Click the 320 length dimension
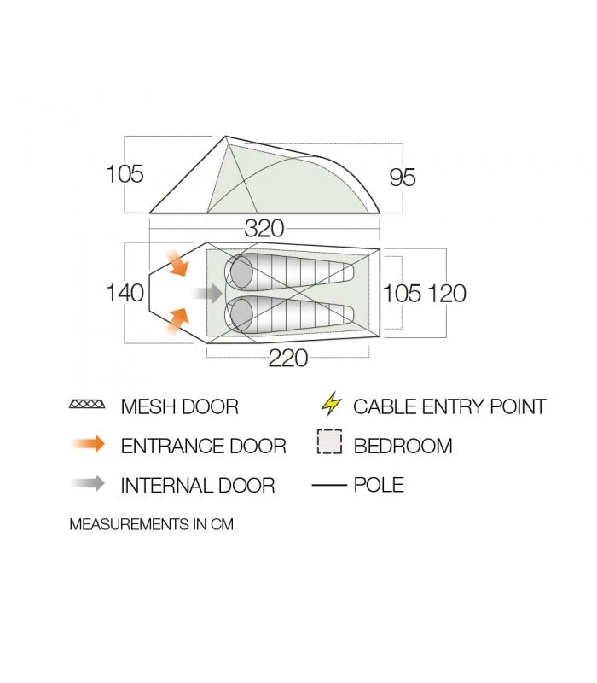(264, 229)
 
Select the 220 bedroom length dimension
(288, 359)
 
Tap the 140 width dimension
(125, 293)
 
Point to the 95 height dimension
(403, 178)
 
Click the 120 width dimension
(447, 293)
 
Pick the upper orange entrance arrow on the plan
(178, 264)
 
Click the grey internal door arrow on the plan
(208, 294)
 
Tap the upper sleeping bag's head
(240, 272)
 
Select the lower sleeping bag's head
(240, 314)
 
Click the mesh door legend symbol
(87, 405)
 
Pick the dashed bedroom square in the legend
(329, 443)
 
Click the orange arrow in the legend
(88, 444)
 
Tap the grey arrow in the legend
(88, 484)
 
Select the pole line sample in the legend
(329, 485)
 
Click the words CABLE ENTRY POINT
(449, 406)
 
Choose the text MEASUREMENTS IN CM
(151, 524)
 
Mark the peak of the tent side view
(226, 137)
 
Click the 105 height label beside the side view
(125, 174)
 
